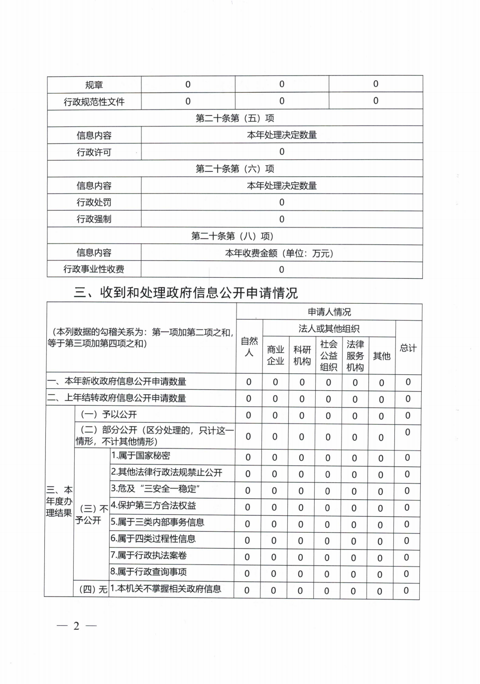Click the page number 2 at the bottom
coord(76,626)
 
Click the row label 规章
coord(94,85)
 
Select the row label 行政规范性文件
coord(94,102)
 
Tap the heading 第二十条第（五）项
coord(235,118)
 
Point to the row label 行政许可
coord(94,152)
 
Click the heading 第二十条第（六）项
coord(235,169)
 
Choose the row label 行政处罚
coord(94,202)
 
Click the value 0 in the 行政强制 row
coord(282,219)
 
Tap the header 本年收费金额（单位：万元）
coord(281,253)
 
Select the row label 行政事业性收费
coord(94,269)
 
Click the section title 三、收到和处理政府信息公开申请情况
coord(186,292)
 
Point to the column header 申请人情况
coord(329,312)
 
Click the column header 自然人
coord(249,346)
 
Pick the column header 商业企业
coord(275,355)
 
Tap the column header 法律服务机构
coord(355,355)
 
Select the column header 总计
coord(408,348)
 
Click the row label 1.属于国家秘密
coord(140,456)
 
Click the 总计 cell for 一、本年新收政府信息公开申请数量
coord(408,382)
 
